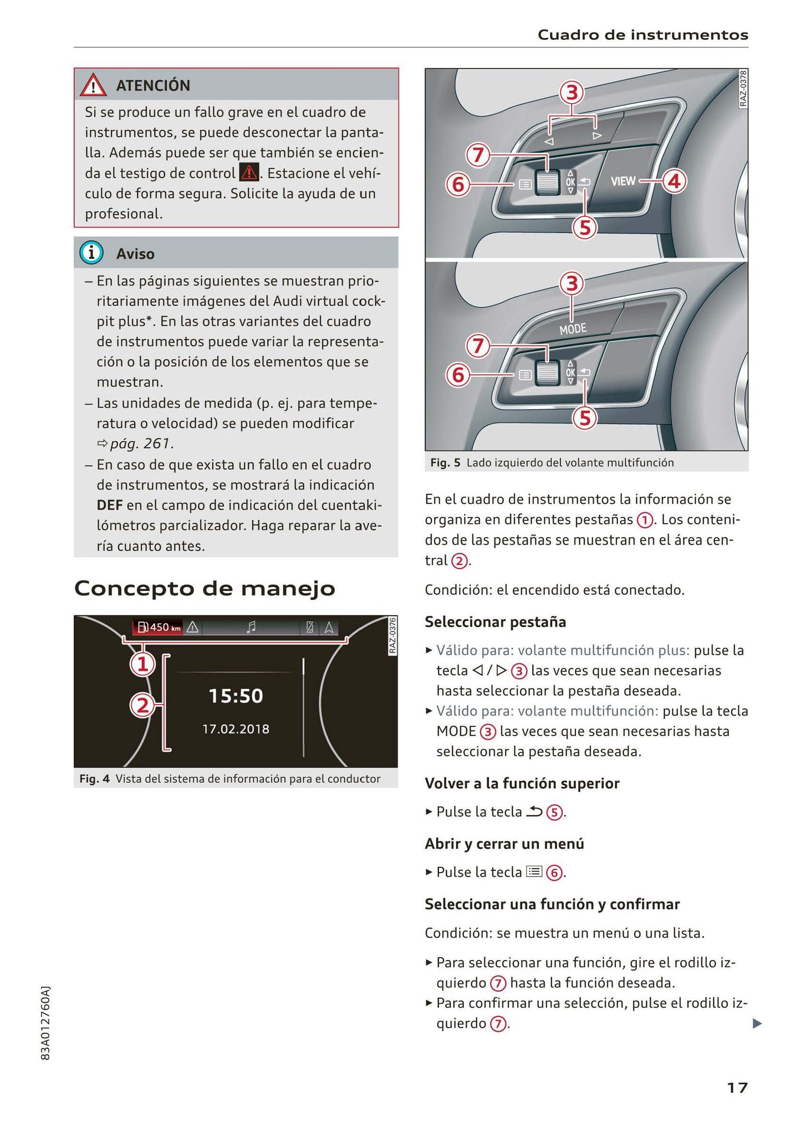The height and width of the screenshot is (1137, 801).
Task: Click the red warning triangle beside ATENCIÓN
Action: point(93,85)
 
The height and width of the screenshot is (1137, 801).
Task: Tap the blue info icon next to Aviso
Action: point(91,253)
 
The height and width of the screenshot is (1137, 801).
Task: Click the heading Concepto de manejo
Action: point(205,588)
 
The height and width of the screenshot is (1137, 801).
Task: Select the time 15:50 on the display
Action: point(236,696)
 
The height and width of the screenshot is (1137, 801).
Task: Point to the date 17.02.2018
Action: point(236,728)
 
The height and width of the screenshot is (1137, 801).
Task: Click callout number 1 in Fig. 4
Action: point(142,664)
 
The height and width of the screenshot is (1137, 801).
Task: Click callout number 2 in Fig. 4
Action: point(142,706)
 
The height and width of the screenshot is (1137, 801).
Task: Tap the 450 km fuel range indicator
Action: point(158,627)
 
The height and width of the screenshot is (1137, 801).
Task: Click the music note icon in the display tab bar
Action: point(251,627)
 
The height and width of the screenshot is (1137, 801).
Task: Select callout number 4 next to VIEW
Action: point(674,181)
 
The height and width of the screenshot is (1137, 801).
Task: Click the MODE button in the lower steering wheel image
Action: point(573,329)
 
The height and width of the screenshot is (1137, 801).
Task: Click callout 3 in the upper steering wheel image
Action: point(572,93)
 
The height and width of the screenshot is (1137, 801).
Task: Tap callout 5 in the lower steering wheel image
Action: point(585,418)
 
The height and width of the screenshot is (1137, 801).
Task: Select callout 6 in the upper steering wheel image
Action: point(458,184)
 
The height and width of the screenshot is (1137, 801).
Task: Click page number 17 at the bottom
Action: point(737,1088)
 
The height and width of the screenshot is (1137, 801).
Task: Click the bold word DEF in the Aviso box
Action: point(109,505)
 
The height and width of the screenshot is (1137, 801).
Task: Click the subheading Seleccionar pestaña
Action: point(495,622)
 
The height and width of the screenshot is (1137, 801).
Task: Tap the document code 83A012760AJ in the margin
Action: point(46,1023)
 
